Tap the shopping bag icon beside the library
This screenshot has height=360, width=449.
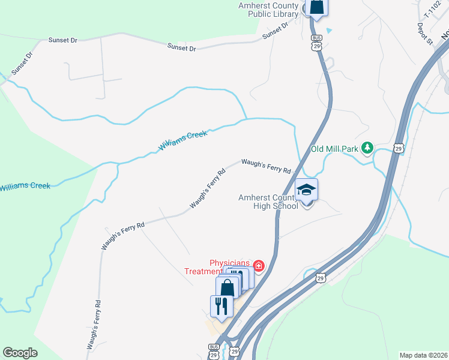(317, 7)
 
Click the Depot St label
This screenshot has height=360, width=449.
(425, 34)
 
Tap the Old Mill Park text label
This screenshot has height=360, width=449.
(334, 149)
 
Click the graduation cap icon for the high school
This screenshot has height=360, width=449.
(306, 190)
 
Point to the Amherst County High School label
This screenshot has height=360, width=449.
(268, 202)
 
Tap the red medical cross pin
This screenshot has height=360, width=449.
(259, 265)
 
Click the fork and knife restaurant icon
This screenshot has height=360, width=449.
(221, 306)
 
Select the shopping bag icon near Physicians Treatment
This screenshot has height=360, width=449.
(228, 287)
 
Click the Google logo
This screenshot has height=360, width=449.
(20, 353)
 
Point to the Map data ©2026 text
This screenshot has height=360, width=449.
(424, 355)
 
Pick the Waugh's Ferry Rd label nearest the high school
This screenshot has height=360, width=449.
(266, 166)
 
